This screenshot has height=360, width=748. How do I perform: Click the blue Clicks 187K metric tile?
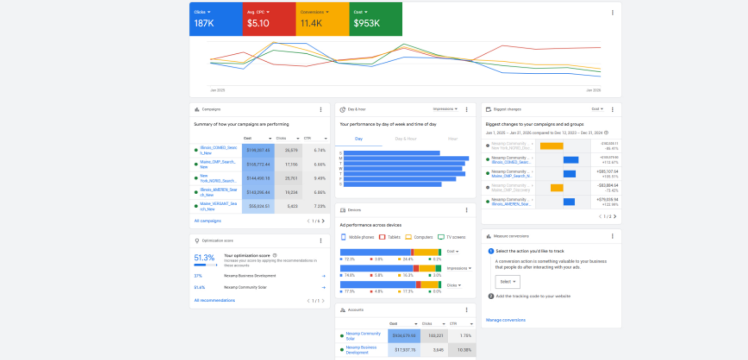point(215,19)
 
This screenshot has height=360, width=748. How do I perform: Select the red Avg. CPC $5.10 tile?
point(269,19)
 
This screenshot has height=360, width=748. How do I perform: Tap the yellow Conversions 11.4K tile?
point(322,19)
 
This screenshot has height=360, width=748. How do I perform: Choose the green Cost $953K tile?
point(375,19)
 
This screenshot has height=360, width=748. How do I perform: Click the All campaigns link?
point(208,221)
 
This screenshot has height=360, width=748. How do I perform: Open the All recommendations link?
point(214,300)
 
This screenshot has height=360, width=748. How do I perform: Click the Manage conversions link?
point(505,320)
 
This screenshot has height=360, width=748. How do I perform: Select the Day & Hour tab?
point(406,139)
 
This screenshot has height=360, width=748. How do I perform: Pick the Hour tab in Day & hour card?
point(453,139)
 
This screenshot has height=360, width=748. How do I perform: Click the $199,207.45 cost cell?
point(258,150)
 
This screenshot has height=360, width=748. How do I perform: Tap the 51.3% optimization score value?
point(204,258)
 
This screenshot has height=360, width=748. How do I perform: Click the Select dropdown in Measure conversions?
point(507,282)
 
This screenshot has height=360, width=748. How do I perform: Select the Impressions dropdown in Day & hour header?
point(445,109)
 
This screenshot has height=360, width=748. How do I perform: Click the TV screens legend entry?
point(452,237)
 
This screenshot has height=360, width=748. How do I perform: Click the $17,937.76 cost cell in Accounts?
point(404,350)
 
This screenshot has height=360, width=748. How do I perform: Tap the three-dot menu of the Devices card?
point(467,210)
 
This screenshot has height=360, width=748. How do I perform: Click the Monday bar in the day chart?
point(406,158)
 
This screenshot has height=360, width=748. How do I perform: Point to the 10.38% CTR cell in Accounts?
point(461,350)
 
